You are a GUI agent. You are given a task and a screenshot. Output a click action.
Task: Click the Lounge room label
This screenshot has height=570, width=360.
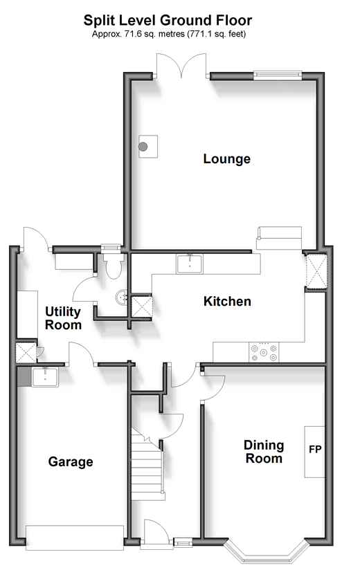point(226,159)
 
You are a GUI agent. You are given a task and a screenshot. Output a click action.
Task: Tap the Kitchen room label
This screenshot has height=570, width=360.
point(227,302)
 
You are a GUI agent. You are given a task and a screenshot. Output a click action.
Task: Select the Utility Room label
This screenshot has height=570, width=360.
point(63,318)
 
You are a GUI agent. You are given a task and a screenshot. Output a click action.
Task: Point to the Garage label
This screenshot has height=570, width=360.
point(71,462)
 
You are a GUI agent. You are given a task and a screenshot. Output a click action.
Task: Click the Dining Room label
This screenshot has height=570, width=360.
point(264,452)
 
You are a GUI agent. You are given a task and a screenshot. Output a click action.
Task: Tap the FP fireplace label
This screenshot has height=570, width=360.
point(315,450)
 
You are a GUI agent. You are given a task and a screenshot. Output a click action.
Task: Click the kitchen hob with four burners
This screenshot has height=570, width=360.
point(264,352)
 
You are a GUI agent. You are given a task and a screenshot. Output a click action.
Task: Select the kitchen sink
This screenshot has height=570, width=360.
point(190,264)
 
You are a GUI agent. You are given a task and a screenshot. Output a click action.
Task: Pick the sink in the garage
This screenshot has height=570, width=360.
point(45,377)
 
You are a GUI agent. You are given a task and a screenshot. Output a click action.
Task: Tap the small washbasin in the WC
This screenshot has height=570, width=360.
point(121,297)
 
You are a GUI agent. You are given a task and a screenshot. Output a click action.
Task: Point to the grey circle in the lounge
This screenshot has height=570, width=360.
point(143,147)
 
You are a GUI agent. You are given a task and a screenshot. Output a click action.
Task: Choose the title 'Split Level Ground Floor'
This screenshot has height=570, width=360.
point(168,20)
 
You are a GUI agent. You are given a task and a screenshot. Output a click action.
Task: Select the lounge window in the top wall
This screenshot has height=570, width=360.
point(278,75)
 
